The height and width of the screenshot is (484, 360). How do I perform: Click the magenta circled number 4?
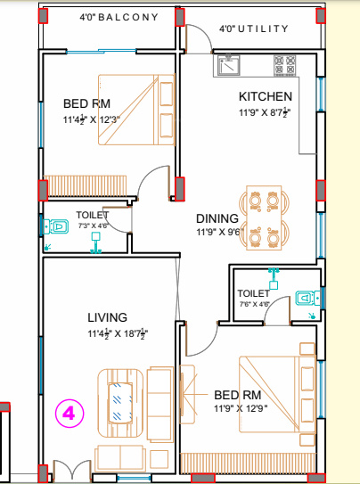(70, 414)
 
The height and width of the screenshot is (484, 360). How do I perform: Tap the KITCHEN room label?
(266, 96)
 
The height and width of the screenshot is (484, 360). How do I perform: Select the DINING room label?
(217, 218)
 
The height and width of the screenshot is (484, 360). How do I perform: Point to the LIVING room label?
(107, 317)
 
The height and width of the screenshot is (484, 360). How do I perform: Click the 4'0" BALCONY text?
(119, 17)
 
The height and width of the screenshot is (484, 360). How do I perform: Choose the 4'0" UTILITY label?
(254, 29)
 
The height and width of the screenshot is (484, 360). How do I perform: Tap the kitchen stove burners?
(285, 65)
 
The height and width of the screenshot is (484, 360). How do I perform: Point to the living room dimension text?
(117, 334)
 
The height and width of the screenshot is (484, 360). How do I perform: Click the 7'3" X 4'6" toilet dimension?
(93, 226)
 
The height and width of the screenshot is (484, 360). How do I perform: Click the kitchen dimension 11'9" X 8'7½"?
(265, 112)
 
